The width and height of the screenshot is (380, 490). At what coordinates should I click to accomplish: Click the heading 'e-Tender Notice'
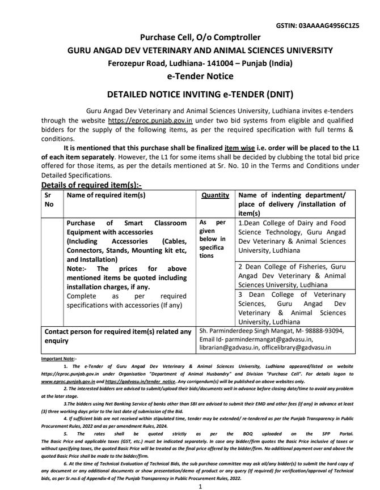192,75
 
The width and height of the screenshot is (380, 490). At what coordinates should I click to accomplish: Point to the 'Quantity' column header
215,195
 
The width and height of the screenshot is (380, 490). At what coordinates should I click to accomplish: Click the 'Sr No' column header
50,199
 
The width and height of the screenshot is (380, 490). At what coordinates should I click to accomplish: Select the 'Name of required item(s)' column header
106,195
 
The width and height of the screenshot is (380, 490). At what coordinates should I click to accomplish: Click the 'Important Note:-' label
58,359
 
